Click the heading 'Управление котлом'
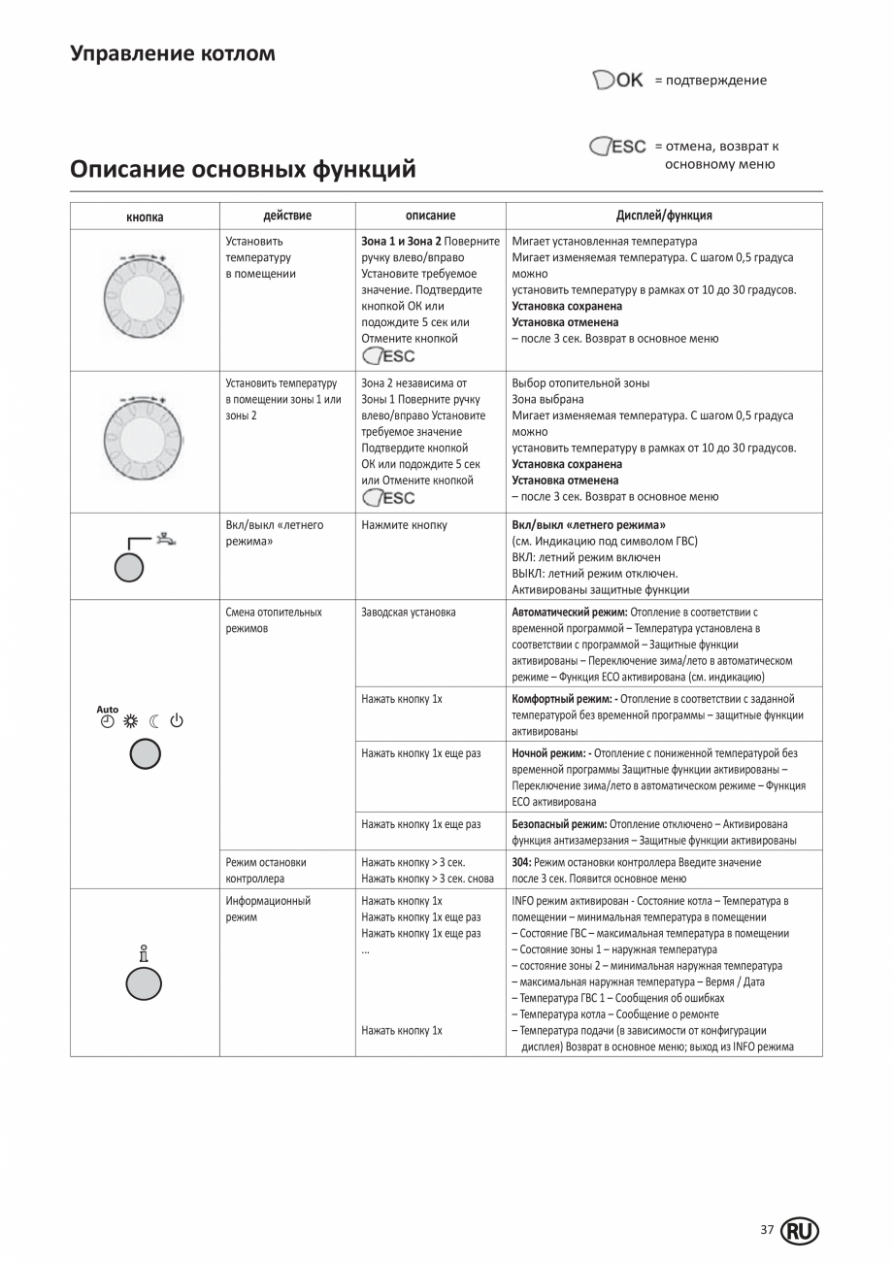tap(173, 53)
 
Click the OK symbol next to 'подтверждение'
tap(618, 81)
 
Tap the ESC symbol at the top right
tap(618, 147)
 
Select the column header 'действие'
tap(287, 216)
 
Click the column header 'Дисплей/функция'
tap(664, 216)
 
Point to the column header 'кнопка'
tap(145, 216)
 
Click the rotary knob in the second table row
tap(144, 438)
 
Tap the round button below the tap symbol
tap(128, 568)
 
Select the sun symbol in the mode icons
tap(130, 720)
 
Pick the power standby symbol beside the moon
tap(177, 720)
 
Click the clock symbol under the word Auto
tap(106, 720)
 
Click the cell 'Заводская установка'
tap(408, 612)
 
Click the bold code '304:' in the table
tap(521, 862)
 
